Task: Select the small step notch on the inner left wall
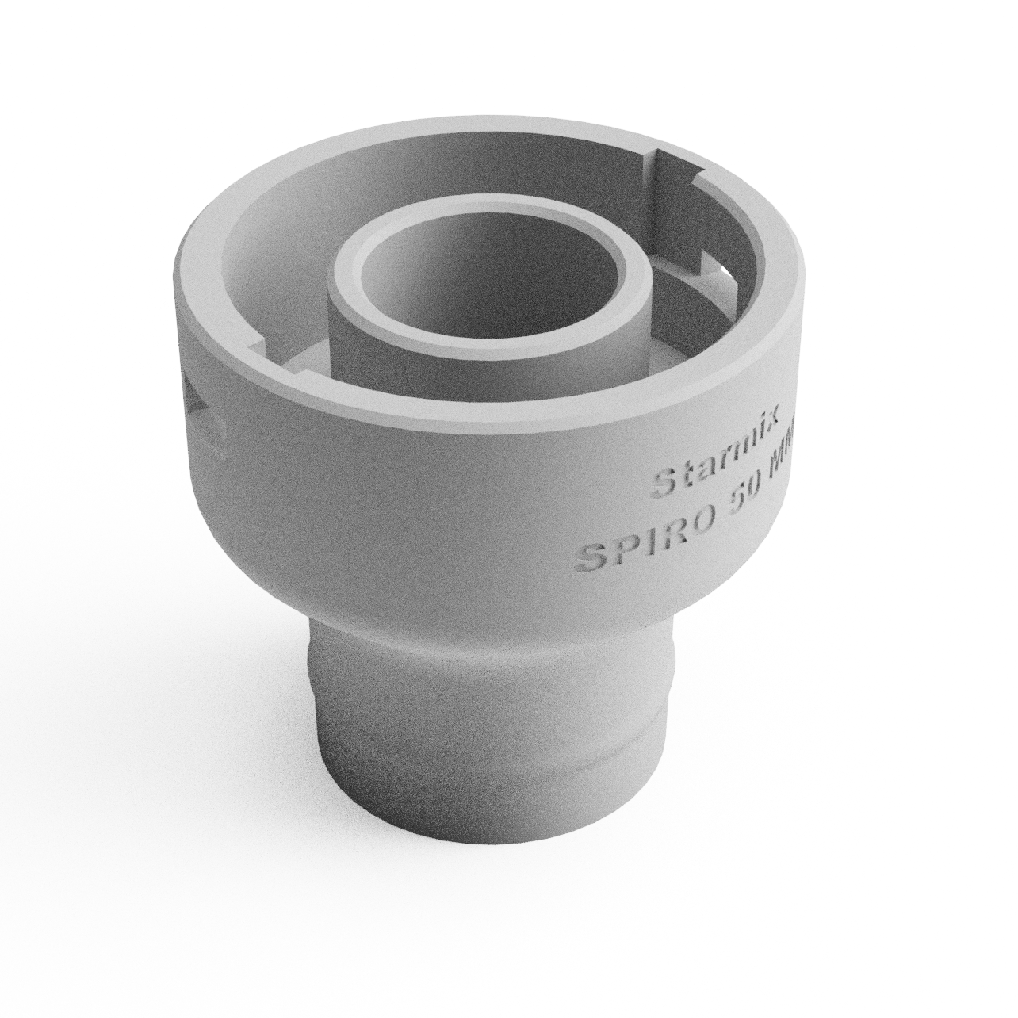(256, 346)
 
